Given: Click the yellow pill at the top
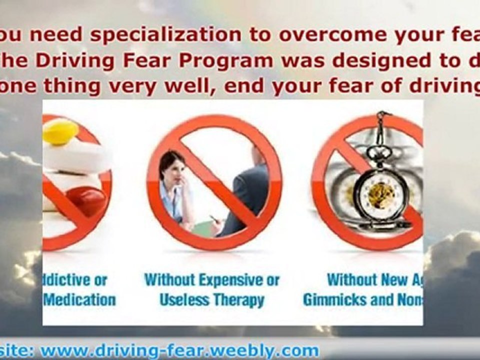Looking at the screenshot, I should [60, 131].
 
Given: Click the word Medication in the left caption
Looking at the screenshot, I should [80, 299].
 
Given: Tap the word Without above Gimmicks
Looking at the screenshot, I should [352, 279].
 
